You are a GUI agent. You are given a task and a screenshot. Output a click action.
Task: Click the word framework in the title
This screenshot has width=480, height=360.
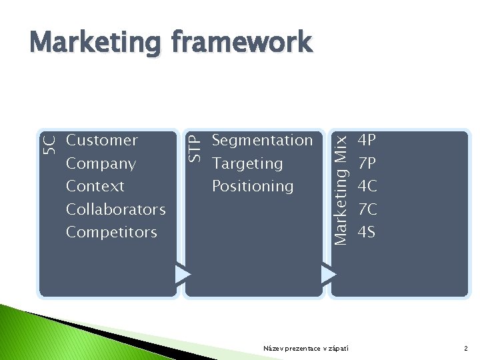point(241,42)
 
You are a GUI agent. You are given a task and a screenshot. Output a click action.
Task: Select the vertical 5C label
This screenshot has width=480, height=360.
point(49,143)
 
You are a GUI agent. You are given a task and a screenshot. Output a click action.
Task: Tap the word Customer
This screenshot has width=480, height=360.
point(102,141)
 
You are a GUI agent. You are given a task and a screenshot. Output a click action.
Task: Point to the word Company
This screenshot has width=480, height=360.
point(101,163)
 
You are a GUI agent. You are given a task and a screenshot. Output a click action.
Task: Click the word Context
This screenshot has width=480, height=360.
point(95,186)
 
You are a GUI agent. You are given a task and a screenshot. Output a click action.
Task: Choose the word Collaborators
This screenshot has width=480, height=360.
point(116,209)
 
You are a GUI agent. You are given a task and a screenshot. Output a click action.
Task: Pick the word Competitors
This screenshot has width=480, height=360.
point(111,232)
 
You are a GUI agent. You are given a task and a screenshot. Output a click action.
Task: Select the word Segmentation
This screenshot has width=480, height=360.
point(262,141)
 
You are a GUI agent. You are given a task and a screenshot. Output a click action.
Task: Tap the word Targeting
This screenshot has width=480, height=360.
point(247,163)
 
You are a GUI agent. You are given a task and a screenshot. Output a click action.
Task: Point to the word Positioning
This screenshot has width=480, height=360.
point(253,186)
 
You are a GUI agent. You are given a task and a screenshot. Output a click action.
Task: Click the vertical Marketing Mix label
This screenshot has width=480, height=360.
point(339,189)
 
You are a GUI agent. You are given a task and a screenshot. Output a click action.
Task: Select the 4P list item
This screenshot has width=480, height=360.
point(367,141)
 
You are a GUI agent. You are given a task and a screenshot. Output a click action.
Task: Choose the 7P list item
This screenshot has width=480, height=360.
point(367,163)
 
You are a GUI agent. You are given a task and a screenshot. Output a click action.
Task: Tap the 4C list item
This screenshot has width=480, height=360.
point(367,186)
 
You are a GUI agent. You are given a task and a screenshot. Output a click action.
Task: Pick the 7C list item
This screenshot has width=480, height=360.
point(367,209)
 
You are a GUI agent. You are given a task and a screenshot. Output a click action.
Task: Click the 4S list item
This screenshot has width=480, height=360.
point(367,232)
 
